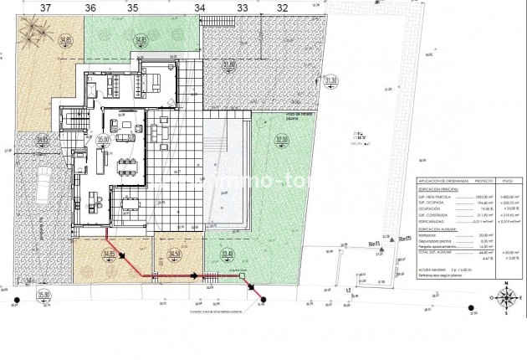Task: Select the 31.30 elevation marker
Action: point(330,81)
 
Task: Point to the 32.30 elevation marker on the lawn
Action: point(270,141)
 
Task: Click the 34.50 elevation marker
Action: point(174,253)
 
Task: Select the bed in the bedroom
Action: point(156,80)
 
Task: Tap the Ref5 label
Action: point(404,239)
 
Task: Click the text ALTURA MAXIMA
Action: point(432,267)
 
